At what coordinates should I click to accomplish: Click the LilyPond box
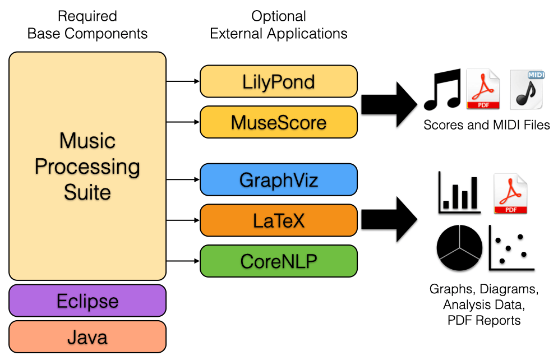pos(279,81)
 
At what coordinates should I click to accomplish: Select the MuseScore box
pos(279,122)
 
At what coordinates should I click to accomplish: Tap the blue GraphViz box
pos(279,179)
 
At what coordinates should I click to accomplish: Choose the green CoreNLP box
pos(279,261)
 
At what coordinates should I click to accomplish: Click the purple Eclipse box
pos(87,301)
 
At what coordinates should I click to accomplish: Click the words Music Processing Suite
pos(87,166)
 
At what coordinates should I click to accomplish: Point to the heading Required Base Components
pos(87,25)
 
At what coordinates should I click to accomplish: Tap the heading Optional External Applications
pos(279,25)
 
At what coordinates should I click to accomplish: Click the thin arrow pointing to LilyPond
pos(183,81)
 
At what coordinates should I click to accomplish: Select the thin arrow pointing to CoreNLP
pos(183,261)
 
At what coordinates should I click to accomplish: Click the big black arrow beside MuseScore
pos(389,104)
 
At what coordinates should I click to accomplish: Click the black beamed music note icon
pos(442,89)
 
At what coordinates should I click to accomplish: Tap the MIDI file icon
pos(527,89)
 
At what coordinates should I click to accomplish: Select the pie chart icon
pos(459,249)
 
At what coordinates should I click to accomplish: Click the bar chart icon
pos(459,194)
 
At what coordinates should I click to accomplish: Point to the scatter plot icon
pos(511,248)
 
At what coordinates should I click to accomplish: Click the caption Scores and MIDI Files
pos(486,126)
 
